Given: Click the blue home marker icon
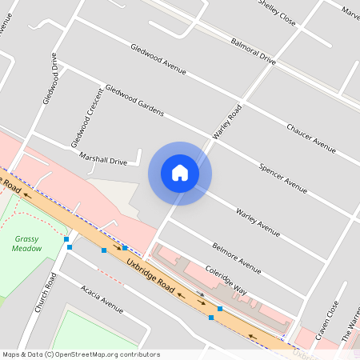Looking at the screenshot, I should coord(180,173).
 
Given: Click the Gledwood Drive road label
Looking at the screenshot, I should coord(51,78).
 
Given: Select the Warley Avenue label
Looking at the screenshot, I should coord(258,222).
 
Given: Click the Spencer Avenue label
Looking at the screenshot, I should coord(283,178).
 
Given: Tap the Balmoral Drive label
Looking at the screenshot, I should coord(253,50).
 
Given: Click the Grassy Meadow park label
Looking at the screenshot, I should coord(28,243).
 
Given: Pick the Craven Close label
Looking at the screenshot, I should coord(327,320).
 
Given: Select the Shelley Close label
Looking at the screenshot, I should coord(278,13).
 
